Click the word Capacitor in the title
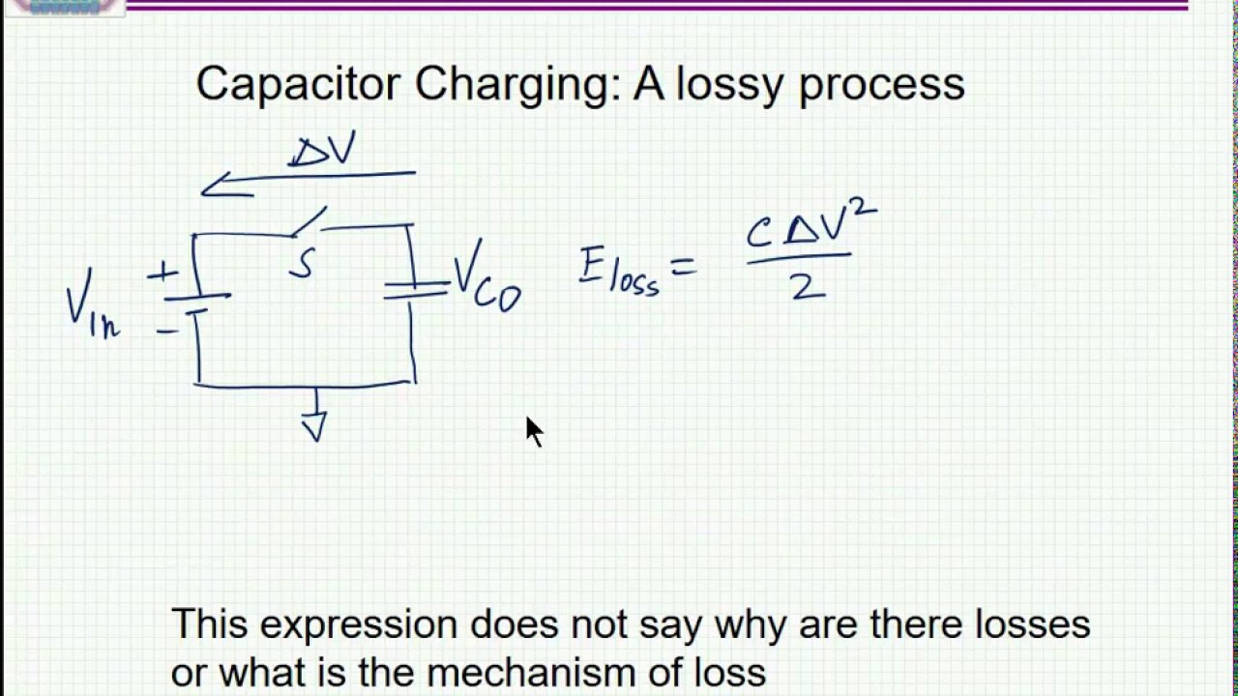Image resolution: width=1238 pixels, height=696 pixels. click(297, 84)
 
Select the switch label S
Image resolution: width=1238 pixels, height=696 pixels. click(303, 263)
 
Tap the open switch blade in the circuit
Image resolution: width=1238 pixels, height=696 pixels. click(309, 222)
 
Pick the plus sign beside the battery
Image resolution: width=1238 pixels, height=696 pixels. click(162, 273)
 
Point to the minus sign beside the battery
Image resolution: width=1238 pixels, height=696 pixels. click(167, 332)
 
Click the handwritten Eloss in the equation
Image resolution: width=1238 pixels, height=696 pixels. click(619, 273)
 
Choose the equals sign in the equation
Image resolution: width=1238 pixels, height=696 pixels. click(683, 268)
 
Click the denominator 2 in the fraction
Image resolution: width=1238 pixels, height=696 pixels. click(808, 287)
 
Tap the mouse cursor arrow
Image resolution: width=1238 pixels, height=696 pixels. click(535, 432)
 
